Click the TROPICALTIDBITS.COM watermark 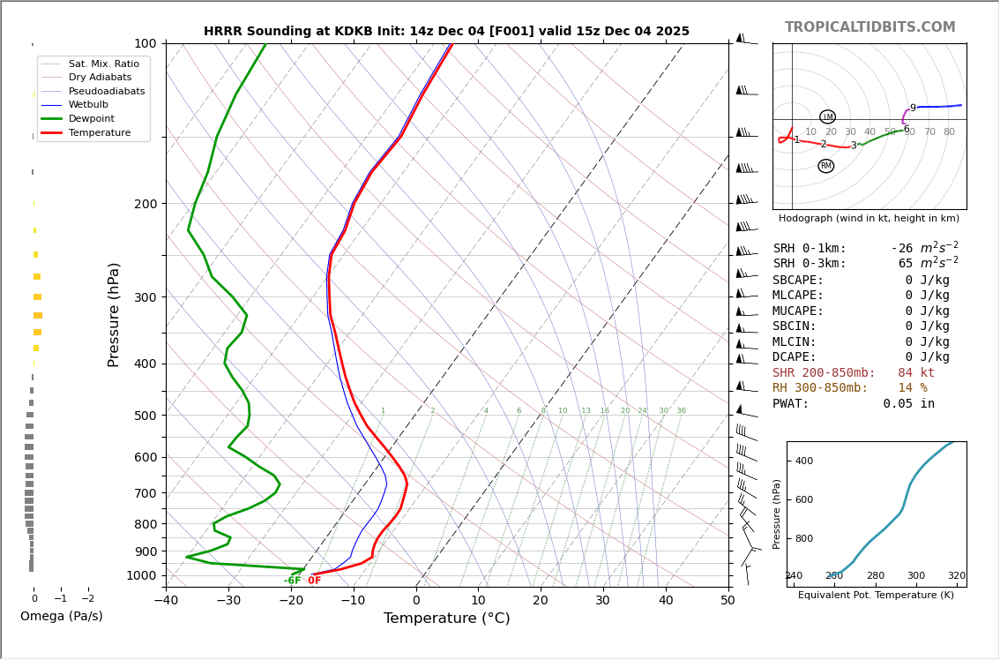click(869, 27)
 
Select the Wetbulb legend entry click(88, 104)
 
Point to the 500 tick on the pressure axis click(145, 416)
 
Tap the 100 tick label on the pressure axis click(145, 43)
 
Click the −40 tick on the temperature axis click(166, 602)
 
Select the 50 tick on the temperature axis click(728, 602)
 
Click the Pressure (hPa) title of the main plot click(114, 314)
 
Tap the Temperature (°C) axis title click(446, 619)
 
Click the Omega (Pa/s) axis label click(61, 616)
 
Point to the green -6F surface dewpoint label click(292, 581)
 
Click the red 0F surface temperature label click(314, 581)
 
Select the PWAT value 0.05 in click(908, 403)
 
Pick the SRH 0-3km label click(809, 264)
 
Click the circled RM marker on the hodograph click(825, 166)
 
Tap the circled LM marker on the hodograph click(827, 116)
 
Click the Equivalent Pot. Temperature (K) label click(876, 595)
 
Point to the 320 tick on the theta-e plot click(956, 576)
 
